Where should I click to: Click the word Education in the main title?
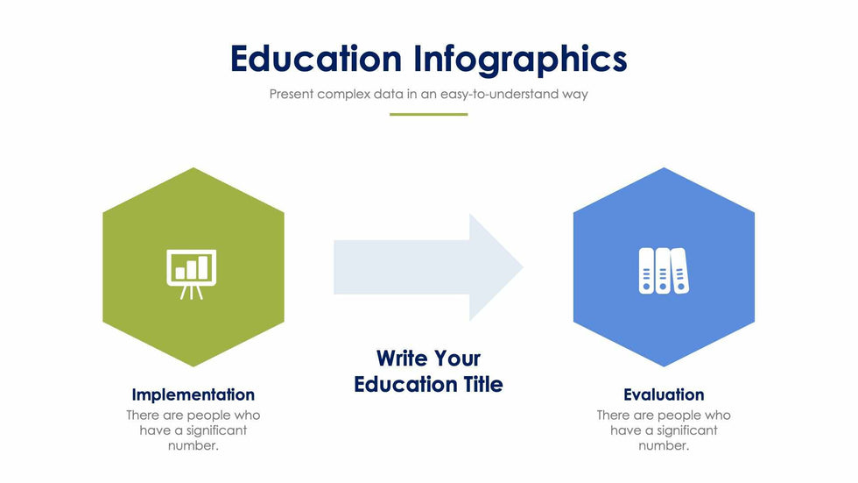pos(316,58)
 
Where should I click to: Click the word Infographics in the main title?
pos(520,60)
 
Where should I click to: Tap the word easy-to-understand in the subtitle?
pos(499,94)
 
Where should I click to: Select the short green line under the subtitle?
pos(428,115)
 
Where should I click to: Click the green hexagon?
pos(193,266)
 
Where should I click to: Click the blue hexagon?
pos(664,266)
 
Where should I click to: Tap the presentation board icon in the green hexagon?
pos(192,274)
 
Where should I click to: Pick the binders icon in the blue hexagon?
pos(664,271)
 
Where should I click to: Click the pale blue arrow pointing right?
pos(428,266)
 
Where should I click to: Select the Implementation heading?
pos(193,394)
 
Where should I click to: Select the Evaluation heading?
pos(664,394)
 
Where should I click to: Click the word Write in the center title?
pos(402,359)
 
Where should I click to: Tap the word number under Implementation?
pos(193,446)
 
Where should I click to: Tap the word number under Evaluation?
pos(664,446)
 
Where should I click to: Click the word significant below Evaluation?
pos(686,431)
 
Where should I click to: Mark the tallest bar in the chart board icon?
pos(203,267)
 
